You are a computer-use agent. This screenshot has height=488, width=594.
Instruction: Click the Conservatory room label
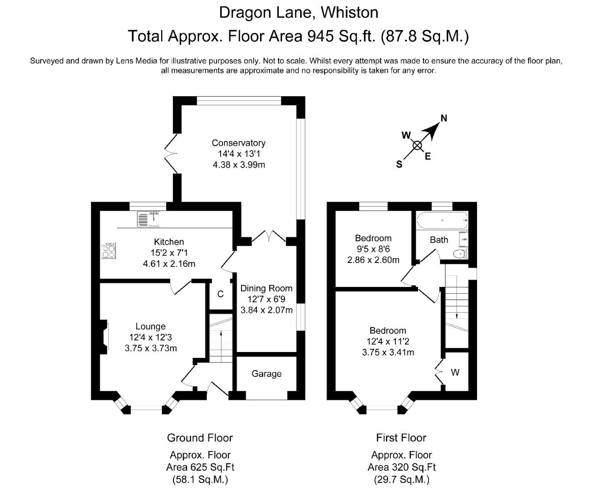tap(238, 143)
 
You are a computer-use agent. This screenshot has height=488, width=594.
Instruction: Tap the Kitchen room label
tap(169, 242)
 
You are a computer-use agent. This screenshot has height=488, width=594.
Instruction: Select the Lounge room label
tap(150, 326)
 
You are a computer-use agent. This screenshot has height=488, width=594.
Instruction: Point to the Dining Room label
tap(266, 288)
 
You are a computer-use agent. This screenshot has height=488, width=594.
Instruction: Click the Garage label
tap(266, 374)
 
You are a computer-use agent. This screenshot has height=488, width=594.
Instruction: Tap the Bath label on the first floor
tap(439, 240)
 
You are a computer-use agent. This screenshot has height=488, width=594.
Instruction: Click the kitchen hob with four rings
tap(109, 250)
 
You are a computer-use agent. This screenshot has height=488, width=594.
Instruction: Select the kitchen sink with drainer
tap(148, 219)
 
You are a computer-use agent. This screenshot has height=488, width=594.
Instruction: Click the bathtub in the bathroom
tap(442, 220)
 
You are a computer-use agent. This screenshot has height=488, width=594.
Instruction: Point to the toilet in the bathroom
tap(461, 254)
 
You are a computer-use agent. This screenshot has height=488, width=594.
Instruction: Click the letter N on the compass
tap(444, 118)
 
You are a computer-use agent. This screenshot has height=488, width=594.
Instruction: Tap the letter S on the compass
tap(399, 164)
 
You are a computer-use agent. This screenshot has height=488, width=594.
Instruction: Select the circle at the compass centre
tap(417, 146)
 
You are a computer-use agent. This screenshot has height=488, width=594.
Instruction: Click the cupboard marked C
tap(221, 294)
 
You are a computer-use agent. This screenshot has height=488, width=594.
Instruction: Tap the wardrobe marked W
tap(455, 372)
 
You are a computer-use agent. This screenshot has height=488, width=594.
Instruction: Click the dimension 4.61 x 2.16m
tap(169, 264)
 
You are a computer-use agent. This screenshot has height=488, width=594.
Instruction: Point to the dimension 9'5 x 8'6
tap(373, 249)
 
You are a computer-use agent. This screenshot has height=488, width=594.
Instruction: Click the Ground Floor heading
tap(200, 438)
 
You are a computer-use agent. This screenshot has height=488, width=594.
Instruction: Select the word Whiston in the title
tap(349, 13)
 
